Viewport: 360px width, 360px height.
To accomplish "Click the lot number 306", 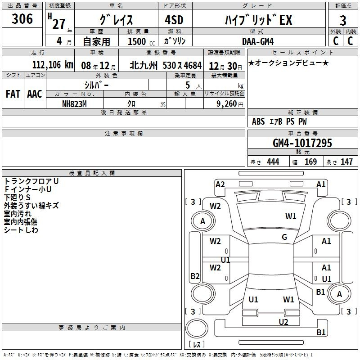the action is click(22, 18).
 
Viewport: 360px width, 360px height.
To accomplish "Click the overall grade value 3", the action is click(343, 20).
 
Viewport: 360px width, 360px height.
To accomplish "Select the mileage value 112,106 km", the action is click(53, 65).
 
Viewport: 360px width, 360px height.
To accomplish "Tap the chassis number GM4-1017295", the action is click(302, 143).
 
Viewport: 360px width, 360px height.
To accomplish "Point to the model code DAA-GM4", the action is click(258, 41).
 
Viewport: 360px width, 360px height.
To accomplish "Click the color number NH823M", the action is click(74, 104).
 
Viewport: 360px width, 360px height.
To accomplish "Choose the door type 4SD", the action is click(174, 20).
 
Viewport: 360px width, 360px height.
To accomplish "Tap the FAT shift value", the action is click(13, 94).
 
